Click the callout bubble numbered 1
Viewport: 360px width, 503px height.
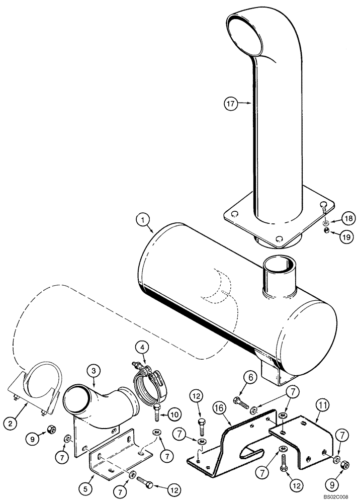(x=143, y=219)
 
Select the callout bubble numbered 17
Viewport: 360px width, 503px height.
(x=231, y=104)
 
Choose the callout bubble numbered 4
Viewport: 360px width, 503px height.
(x=143, y=347)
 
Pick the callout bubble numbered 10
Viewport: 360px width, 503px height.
(x=172, y=414)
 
